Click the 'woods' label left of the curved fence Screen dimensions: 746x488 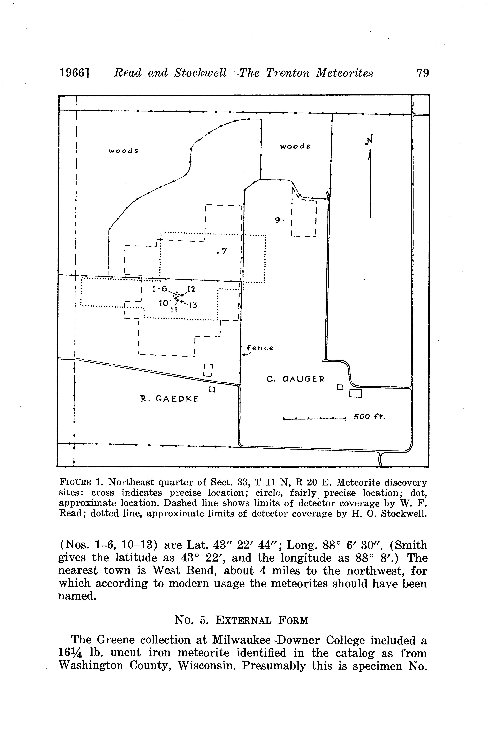pos(124,151)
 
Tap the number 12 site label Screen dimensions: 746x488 pos(191,289)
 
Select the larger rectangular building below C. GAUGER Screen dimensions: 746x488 pos(356,393)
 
